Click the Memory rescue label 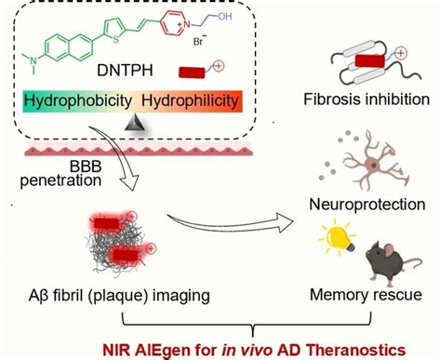(367, 294)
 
